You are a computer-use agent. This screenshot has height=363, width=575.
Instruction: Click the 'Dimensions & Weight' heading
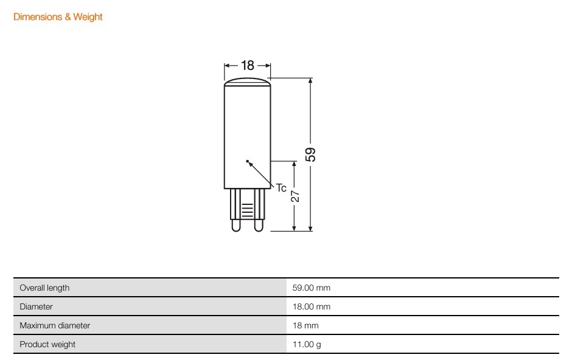coord(58,17)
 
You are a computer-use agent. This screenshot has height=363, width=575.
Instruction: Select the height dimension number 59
coord(311,154)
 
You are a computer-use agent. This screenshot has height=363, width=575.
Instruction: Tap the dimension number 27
coord(294,196)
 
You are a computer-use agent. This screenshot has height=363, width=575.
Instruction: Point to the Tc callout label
coord(281,188)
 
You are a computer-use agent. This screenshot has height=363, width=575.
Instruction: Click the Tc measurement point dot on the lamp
coord(247,161)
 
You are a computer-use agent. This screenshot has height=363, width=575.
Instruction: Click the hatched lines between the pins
coord(247,211)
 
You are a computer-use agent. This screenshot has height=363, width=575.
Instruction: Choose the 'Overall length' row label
coord(44,288)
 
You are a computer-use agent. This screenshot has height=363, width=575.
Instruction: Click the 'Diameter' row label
coord(36,306)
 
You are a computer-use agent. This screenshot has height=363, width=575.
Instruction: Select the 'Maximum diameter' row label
coord(55,325)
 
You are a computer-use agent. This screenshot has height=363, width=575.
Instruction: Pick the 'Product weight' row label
coord(47,344)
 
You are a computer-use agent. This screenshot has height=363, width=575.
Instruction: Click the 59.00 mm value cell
coord(312,288)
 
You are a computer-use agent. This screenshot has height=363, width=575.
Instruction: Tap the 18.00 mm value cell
coord(312,306)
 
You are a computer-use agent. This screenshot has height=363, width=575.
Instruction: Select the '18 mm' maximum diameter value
coord(305,325)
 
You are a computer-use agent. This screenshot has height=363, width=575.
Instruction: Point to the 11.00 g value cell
coord(306,344)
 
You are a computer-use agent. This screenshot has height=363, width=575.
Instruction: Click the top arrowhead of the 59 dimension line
coord(311,81)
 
